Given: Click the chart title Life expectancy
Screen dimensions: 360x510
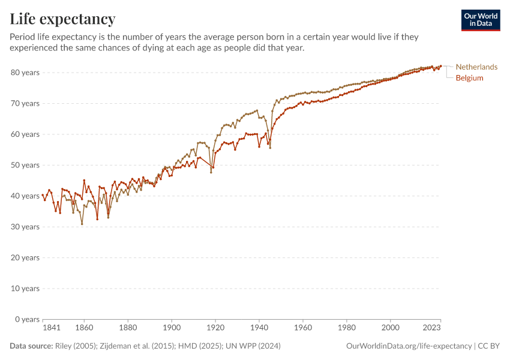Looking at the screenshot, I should click(x=62, y=19).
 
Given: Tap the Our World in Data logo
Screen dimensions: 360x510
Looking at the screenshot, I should click(x=480, y=20).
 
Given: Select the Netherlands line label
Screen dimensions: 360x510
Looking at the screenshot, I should click(x=476, y=67).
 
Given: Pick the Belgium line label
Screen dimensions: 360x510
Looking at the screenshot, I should click(x=469, y=78).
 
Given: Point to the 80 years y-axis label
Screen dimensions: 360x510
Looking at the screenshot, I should click(x=25, y=73).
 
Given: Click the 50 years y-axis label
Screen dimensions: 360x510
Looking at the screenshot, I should click(x=25, y=165).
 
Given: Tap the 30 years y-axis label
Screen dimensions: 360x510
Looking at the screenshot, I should click(x=25, y=227).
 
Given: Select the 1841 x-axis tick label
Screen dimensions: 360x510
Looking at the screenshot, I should click(x=52, y=328).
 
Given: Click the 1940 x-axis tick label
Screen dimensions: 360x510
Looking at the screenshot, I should click(x=259, y=328).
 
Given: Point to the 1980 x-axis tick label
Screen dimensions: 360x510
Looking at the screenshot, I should click(x=347, y=328).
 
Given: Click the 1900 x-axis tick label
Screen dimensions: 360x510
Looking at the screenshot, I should click(x=172, y=328).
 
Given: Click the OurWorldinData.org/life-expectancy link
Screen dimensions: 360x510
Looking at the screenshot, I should click(x=409, y=346).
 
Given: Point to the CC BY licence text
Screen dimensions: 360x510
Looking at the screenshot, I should click(x=489, y=346).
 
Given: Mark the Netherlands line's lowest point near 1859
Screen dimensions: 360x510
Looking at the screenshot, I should click(x=82, y=224).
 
